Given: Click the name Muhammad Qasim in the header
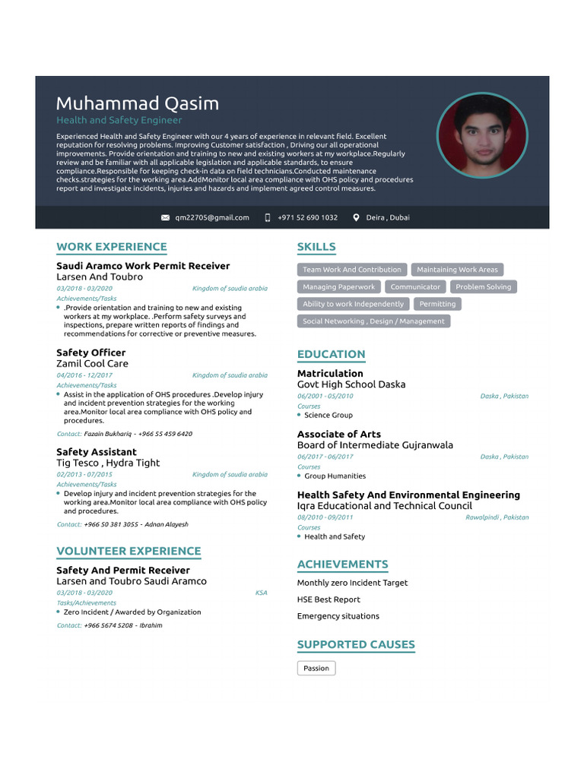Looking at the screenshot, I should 137,103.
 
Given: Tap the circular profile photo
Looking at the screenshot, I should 481,136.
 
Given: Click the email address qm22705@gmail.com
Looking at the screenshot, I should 211,217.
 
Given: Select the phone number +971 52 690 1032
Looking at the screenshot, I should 307,217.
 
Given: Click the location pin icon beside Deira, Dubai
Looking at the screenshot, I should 356,217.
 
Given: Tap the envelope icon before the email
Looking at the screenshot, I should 166,217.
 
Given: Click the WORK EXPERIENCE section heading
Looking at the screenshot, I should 112,247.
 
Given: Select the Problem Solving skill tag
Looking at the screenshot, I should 483,287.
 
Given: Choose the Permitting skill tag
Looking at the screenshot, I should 437,304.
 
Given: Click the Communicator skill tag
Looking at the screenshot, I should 415,287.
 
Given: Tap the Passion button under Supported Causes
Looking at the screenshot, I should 316,669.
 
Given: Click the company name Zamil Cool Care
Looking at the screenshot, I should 92,364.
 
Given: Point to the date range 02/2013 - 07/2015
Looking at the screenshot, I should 84,475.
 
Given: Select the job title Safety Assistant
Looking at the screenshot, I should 97,452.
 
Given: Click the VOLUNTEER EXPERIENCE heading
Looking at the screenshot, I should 129,552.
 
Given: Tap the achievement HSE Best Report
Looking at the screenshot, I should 328,599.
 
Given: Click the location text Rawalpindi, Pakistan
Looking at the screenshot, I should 497,517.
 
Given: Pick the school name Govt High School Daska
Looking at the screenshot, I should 351,384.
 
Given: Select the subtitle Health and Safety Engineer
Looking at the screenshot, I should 119,120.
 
